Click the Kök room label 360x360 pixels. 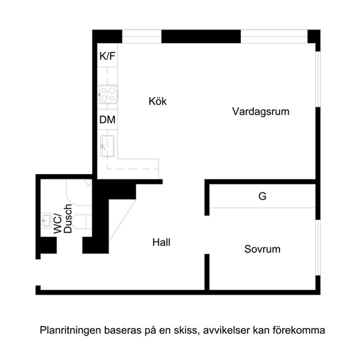[x=158, y=101]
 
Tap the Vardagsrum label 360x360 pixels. [x=261, y=112]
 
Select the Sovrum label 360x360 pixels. [x=262, y=249]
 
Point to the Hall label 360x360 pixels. [x=161, y=242]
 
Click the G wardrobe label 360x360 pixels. [x=262, y=196]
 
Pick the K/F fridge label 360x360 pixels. [x=107, y=56]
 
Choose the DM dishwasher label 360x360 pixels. [x=107, y=120]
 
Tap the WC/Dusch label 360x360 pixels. [x=62, y=219]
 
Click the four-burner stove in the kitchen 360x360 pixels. [x=108, y=94]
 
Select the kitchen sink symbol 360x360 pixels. [x=107, y=146]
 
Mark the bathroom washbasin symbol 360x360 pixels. [x=46, y=220]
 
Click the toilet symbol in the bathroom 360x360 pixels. [x=82, y=221]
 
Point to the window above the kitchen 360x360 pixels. [x=141, y=36]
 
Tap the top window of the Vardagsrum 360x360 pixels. [x=274, y=36]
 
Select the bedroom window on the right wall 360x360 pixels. [x=317, y=247]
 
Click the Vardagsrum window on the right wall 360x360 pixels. [x=317, y=79]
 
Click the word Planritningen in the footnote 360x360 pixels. [x=70, y=331]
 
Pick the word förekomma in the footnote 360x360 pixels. [x=299, y=331]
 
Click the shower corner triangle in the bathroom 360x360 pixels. [x=88, y=183]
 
